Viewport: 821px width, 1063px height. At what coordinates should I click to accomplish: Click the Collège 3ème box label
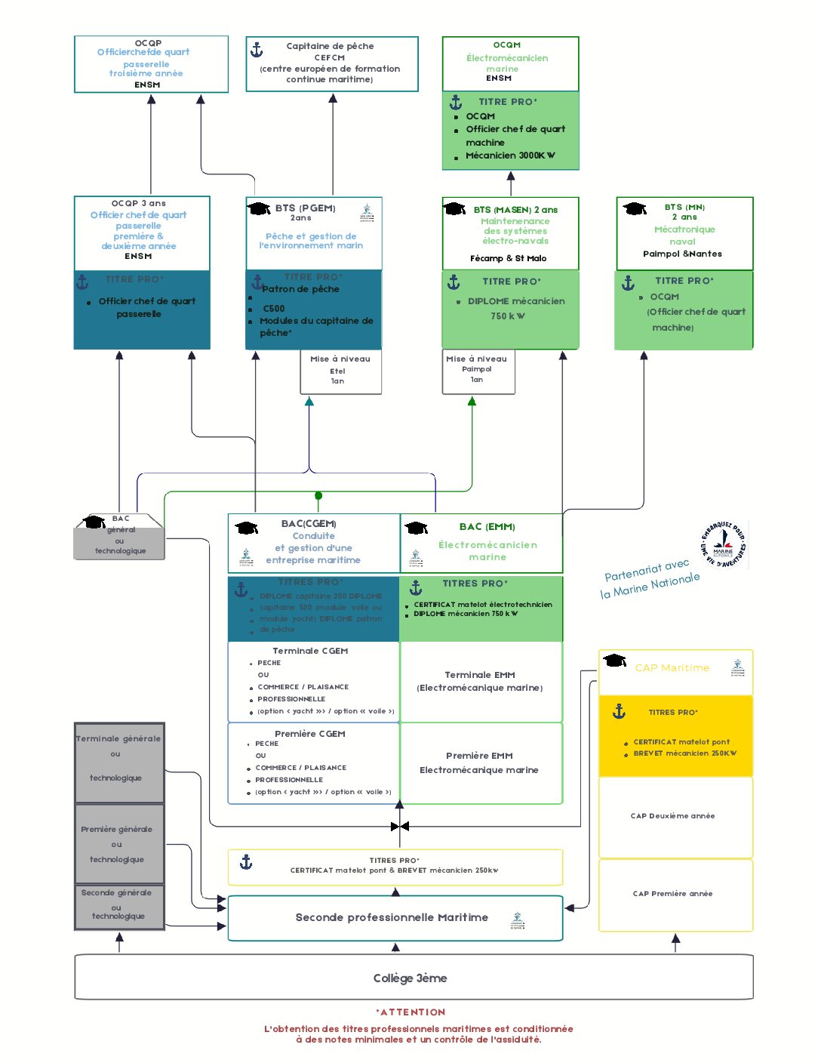tap(410, 978)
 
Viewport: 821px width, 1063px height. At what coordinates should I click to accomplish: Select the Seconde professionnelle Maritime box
tap(392, 917)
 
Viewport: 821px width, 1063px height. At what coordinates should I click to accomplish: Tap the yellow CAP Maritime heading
tap(672, 667)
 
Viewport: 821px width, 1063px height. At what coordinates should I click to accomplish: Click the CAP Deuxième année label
tap(672, 815)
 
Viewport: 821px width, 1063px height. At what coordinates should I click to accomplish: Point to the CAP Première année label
tap(672, 893)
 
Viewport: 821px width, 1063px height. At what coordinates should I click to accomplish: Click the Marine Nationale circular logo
tap(723, 544)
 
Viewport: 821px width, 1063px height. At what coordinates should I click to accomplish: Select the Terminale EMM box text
tap(479, 681)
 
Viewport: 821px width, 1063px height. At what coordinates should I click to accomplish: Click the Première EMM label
tap(479, 755)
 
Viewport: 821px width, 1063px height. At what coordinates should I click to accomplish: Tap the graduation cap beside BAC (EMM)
tap(416, 527)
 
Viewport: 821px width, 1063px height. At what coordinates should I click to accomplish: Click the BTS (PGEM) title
tap(305, 208)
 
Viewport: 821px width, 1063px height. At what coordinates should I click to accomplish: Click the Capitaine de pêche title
tap(330, 46)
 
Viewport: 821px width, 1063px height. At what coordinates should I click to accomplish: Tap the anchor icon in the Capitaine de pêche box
tap(257, 50)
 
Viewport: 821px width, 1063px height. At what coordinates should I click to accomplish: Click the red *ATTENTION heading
tap(410, 1012)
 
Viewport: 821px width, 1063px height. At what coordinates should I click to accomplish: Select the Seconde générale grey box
tap(118, 904)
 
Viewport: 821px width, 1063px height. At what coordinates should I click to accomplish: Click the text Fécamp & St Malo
tap(508, 258)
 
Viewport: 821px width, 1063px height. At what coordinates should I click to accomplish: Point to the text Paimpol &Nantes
tap(682, 254)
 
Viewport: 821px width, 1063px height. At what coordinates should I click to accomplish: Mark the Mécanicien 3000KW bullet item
tap(510, 156)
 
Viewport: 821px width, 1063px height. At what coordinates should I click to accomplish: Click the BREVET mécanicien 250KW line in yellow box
tap(684, 753)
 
